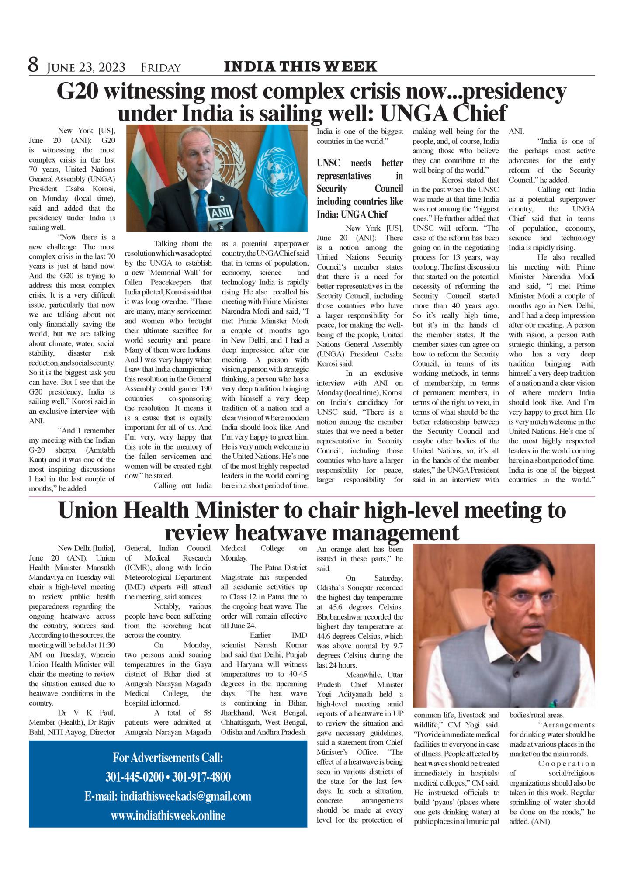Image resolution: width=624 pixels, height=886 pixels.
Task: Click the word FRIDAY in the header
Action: (x=160, y=68)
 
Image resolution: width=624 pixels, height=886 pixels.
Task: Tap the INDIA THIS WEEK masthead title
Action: (x=300, y=66)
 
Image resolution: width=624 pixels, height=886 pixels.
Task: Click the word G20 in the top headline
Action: (x=77, y=92)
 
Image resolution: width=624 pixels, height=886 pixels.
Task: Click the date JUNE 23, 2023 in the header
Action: (x=86, y=68)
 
